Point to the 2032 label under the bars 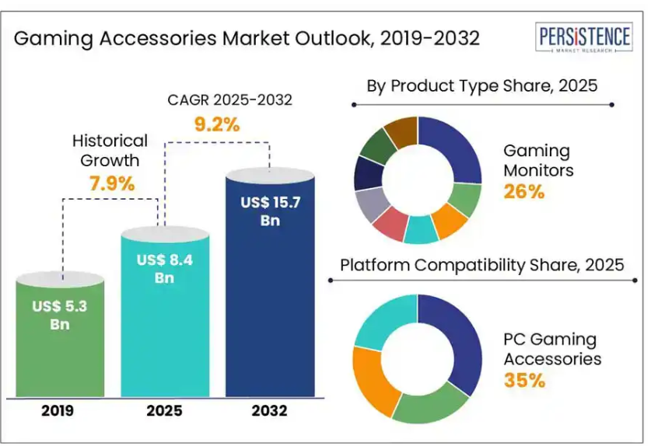(269, 410)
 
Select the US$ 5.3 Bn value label (60, 315)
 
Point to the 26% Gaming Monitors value (524, 191)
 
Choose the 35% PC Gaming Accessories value (524, 380)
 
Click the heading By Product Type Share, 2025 (482, 85)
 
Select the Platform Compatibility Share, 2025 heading (482, 265)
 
